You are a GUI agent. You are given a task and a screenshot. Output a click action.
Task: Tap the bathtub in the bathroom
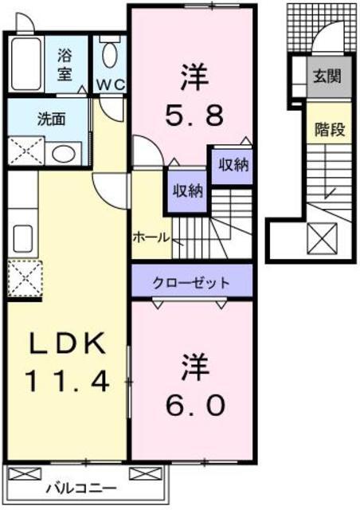point(25,64)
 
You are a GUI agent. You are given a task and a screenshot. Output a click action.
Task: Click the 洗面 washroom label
point(52,119)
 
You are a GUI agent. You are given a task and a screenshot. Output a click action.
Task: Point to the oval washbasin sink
point(64,154)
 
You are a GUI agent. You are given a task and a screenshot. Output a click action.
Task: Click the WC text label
point(112,85)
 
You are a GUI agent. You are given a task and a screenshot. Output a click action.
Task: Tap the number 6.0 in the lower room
point(195,406)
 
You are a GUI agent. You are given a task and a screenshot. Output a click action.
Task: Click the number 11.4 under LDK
point(67,381)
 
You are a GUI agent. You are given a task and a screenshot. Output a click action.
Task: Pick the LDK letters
point(68,343)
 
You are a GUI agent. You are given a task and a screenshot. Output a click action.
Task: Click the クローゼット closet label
point(191,284)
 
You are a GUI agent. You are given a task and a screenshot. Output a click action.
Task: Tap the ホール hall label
point(151,237)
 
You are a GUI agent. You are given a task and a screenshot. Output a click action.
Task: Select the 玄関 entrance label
point(327,76)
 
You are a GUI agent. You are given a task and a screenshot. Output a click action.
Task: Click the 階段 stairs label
point(330,130)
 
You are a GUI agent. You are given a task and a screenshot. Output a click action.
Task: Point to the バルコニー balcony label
point(81,488)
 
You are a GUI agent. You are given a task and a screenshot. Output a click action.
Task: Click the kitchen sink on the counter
point(22,239)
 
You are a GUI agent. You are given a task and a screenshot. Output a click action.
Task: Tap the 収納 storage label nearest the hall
point(188,190)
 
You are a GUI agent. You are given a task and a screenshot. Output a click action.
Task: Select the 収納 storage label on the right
point(233,165)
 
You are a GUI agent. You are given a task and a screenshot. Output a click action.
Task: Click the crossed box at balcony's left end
point(25,473)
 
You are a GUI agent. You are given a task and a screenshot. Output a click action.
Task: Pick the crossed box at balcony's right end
point(146,473)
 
